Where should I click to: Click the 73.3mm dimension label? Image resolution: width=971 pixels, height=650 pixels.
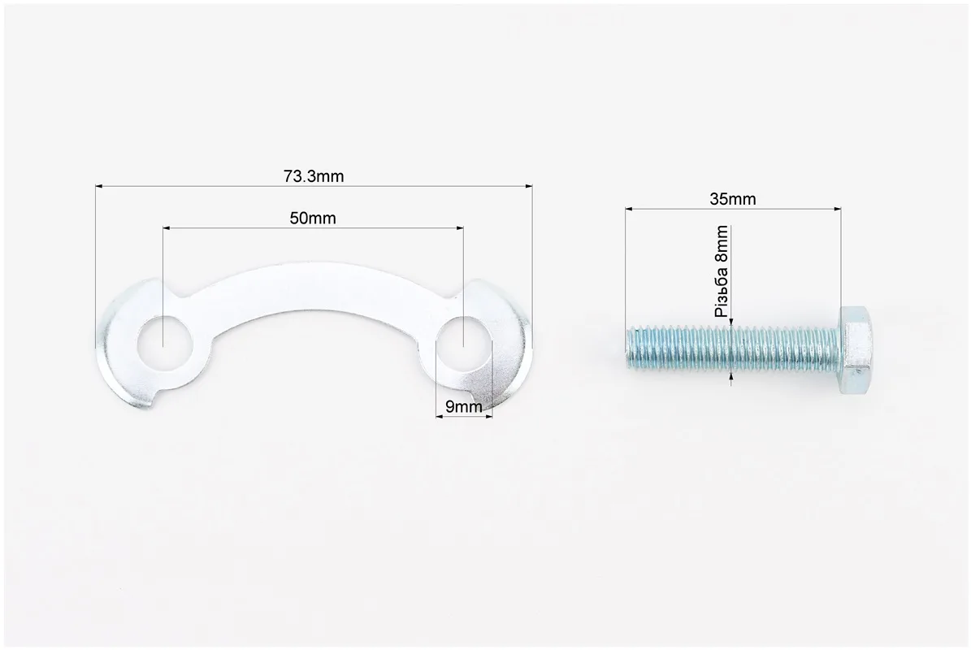[314, 176]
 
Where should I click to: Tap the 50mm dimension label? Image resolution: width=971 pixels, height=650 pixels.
[313, 219]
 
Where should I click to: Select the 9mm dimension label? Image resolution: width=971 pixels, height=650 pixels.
[464, 407]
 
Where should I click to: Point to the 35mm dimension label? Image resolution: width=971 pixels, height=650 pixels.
[733, 199]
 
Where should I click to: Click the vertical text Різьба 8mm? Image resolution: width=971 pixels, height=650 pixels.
[722, 271]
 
